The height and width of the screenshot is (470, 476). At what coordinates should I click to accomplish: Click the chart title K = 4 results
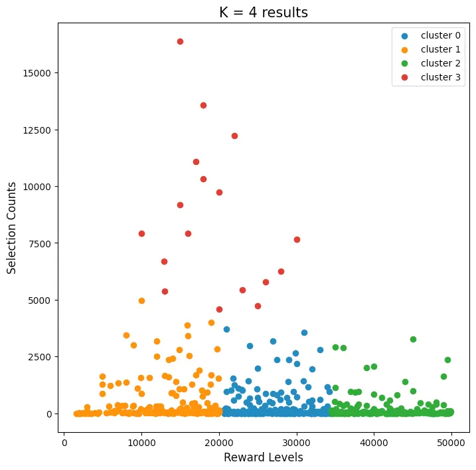[x=264, y=13]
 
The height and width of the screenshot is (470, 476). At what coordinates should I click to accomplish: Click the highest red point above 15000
[x=180, y=41]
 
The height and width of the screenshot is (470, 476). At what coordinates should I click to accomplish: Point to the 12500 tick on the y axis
[x=39, y=130]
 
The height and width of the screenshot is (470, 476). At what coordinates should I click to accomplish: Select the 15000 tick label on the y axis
[x=39, y=72]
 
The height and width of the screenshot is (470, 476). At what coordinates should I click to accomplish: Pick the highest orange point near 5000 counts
[x=141, y=300]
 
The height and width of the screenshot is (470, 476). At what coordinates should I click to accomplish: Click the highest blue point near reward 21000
[x=226, y=329]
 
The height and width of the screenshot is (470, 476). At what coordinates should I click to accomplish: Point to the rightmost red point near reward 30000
[x=297, y=239]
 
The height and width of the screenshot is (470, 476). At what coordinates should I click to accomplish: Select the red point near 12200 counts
[x=234, y=136]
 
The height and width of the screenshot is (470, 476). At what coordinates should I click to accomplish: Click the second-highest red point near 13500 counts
[x=203, y=105]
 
